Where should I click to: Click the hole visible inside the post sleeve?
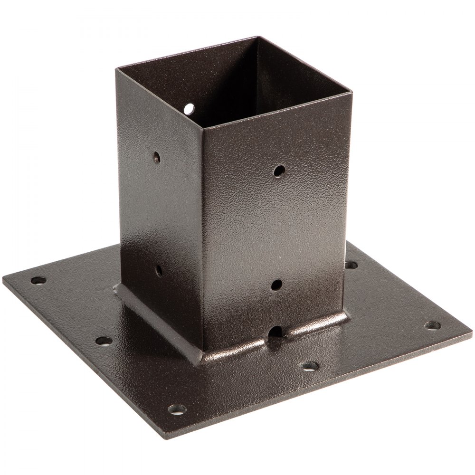tap(190, 109)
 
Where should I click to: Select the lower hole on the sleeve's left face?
tap(158, 271)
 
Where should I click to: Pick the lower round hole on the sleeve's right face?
tap(276, 285)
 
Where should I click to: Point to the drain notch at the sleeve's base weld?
tap(275, 332)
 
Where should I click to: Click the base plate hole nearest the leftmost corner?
tap(38, 280)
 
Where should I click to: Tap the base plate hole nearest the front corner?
tap(177, 409)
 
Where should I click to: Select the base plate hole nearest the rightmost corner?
tap(432, 325)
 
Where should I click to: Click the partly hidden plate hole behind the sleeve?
tap(351, 265)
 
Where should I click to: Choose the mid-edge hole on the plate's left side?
tap(104, 340)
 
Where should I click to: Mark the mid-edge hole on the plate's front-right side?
tap(310, 366)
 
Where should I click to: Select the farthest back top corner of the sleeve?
tap(258, 37)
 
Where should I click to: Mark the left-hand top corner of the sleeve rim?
tap(117, 69)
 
